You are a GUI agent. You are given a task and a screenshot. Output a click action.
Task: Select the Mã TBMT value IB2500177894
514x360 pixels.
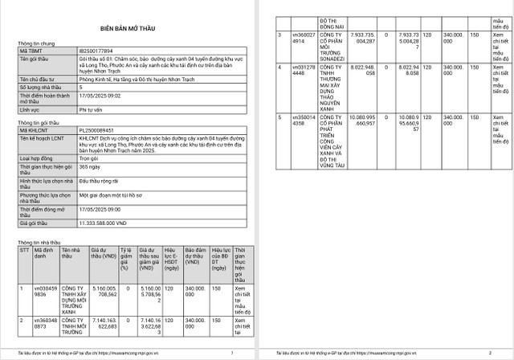97,50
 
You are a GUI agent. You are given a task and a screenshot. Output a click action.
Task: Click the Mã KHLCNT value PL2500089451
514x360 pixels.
99,129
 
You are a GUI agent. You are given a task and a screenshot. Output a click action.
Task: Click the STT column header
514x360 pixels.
23,251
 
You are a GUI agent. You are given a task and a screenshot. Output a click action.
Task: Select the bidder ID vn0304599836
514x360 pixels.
44,289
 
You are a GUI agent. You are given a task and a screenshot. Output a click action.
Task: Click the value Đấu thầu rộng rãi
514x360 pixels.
103,181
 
